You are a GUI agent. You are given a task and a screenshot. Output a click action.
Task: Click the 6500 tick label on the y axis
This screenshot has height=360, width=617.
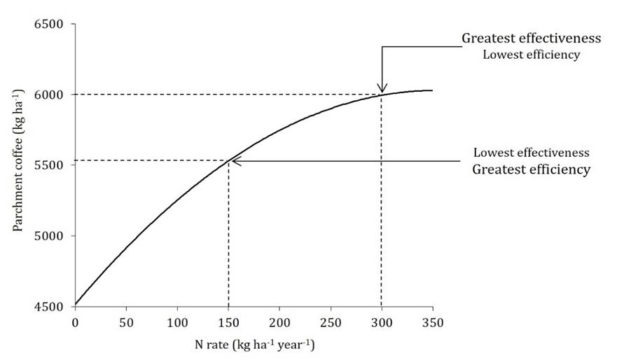[x=49, y=25]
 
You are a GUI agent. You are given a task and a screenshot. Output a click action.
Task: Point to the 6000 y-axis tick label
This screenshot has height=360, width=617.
[x=49, y=95]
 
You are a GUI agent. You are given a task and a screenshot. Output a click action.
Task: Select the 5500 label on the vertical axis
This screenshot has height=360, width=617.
[x=49, y=165]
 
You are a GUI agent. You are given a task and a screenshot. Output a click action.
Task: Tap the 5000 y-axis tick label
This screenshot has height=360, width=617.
[x=49, y=236]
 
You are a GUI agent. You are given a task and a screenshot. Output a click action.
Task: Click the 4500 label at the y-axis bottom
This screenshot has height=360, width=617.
[x=49, y=306]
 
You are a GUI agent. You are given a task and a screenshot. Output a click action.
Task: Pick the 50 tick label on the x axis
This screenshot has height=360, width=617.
[x=126, y=321]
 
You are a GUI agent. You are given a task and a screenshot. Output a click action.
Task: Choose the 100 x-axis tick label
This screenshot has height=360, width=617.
[x=177, y=321]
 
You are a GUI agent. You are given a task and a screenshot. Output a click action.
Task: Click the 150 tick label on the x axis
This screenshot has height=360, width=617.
[x=228, y=321]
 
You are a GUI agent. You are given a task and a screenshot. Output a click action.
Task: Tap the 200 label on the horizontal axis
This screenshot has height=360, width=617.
[x=279, y=321]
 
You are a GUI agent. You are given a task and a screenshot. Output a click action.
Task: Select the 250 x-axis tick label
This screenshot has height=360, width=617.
[x=331, y=321]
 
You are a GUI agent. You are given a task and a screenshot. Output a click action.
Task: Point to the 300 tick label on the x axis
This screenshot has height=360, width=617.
[x=382, y=321]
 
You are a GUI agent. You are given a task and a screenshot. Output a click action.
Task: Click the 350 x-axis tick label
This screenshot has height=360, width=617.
[x=433, y=321]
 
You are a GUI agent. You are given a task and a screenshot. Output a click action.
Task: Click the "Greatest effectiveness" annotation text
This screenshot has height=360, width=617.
[x=531, y=39]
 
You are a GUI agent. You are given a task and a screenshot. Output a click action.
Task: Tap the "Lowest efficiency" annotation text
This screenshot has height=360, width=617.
[x=531, y=55]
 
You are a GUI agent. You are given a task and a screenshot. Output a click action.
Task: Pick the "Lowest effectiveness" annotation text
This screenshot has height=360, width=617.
[x=531, y=152]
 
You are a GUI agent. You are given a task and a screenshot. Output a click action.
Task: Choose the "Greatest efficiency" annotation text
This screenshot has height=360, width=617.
[x=531, y=169]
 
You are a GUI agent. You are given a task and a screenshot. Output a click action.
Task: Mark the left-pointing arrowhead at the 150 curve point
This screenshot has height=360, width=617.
[x=235, y=161]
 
